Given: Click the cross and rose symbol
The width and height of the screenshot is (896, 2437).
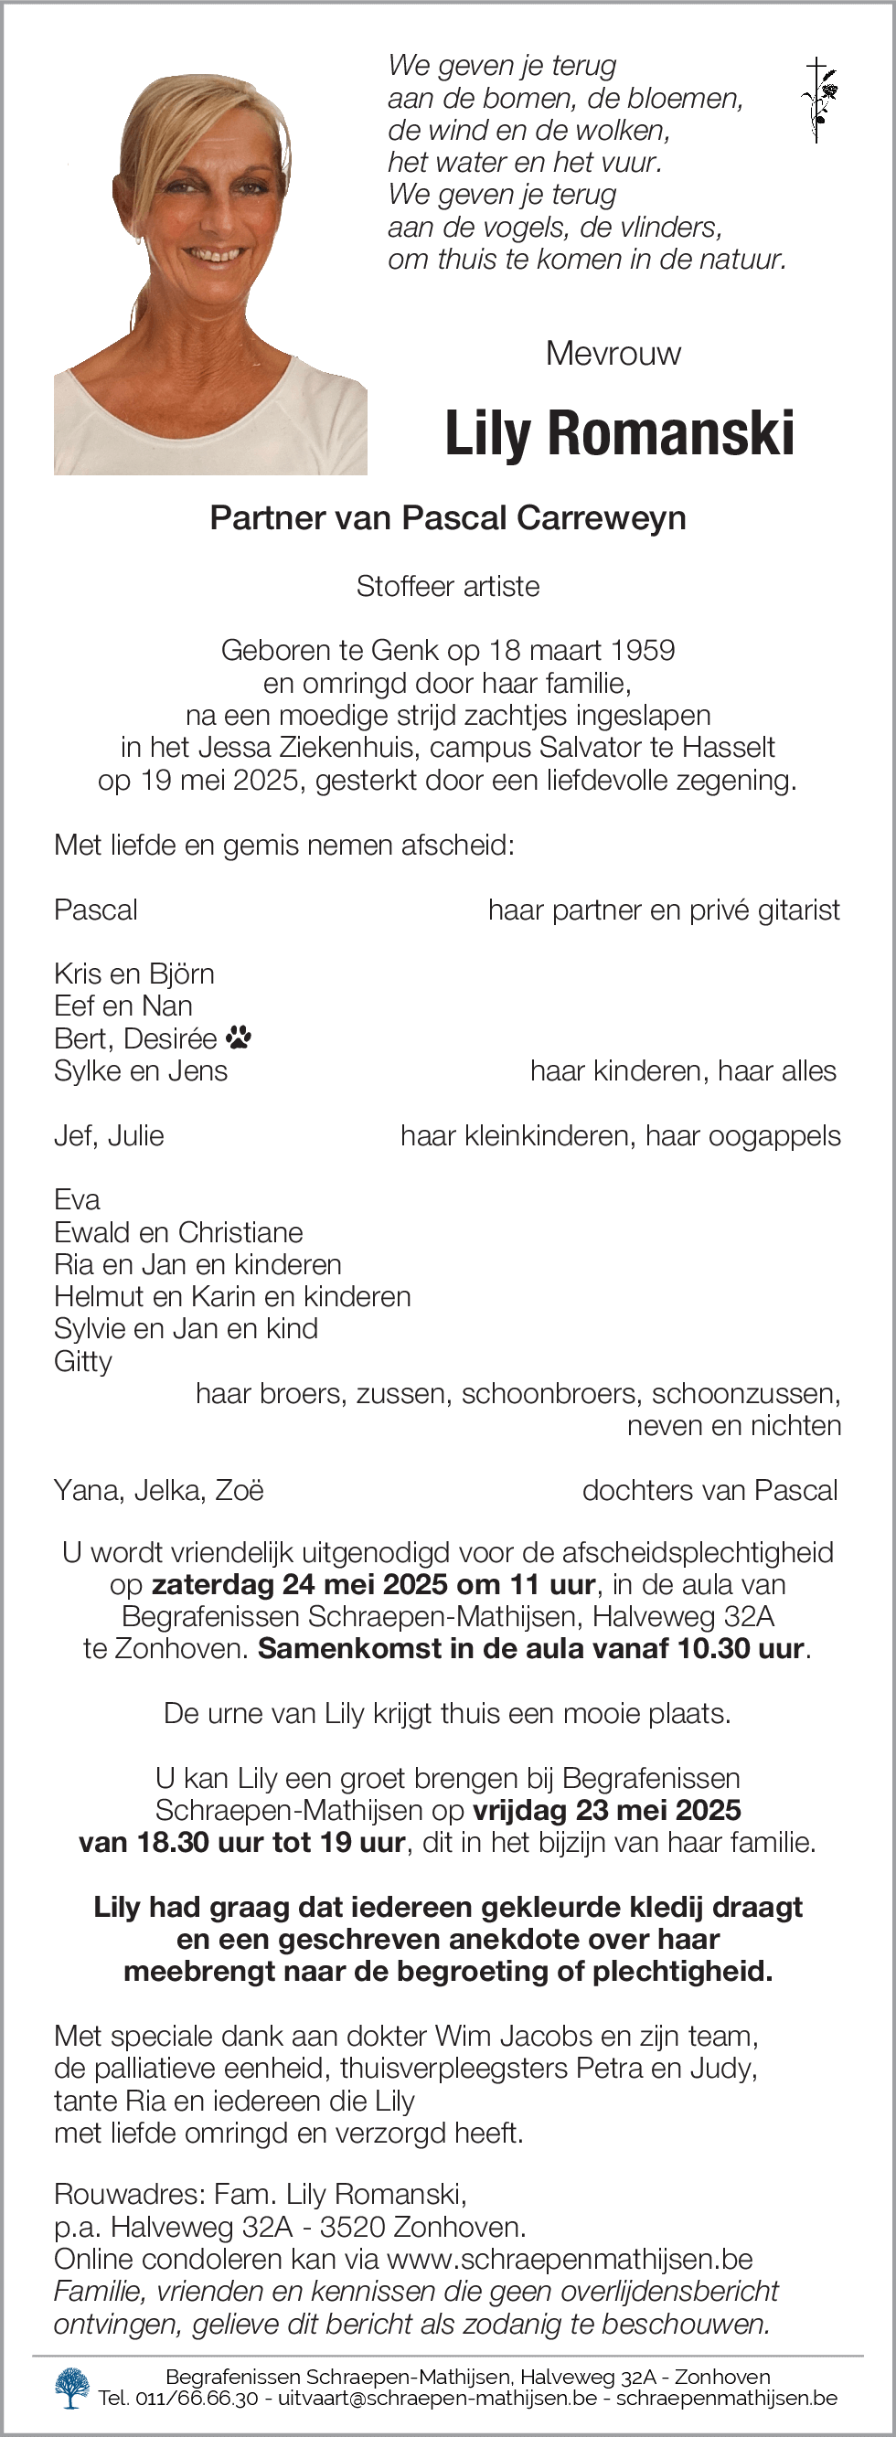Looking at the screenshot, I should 818,100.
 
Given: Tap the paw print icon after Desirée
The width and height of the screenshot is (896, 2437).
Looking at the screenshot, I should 239,1038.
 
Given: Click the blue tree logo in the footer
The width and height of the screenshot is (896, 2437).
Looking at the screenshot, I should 72,2388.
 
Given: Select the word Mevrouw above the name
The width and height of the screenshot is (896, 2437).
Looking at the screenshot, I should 613,353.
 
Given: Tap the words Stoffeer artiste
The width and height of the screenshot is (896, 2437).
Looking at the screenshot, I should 447,587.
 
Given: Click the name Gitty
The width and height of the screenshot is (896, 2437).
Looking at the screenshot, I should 83,1361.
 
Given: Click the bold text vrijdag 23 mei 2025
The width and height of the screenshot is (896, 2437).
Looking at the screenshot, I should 606,1810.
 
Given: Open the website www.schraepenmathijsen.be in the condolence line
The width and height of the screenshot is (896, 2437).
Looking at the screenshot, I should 570,2259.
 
